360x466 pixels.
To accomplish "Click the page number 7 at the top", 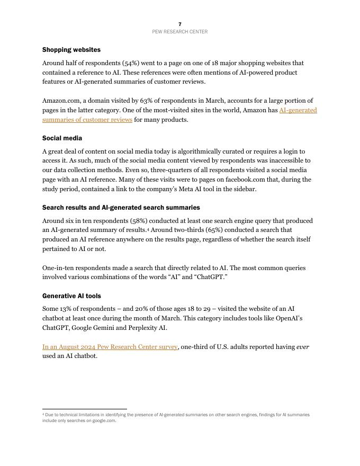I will pos(180,24).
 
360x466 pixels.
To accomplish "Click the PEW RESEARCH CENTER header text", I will pos(180,32).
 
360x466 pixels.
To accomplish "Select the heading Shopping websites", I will pos(71,50).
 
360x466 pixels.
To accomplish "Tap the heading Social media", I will pos(62,138).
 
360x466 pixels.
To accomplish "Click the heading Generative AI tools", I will pos(71,296).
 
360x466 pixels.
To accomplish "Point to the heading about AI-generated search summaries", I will pos(121,208).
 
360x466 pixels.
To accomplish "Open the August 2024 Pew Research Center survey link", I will pos(110,347).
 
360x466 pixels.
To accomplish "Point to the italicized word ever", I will pos(303,347).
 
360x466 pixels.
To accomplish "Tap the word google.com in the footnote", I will pos(104,420).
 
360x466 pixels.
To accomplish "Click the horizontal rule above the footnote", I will pos(85,409).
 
